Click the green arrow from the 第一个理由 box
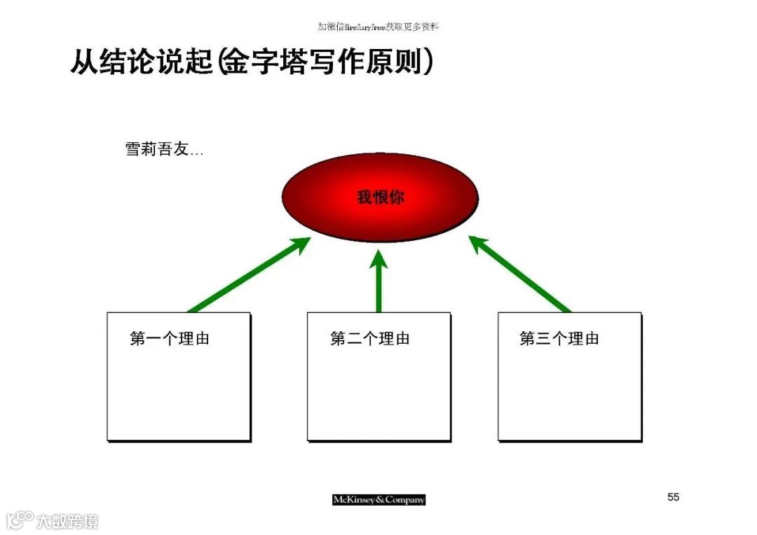250,275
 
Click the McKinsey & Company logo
378,499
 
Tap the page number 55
673,497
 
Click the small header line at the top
378,27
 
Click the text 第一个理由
170,339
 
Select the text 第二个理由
370,339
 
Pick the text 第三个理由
559,339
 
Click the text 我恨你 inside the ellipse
381,197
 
